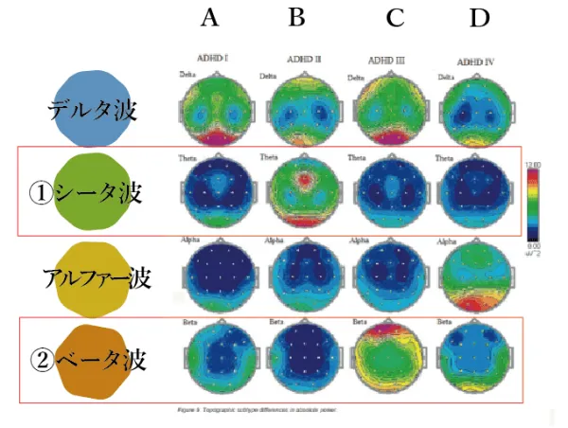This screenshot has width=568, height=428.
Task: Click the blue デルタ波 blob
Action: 93,107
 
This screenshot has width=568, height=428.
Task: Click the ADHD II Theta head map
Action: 303,194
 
